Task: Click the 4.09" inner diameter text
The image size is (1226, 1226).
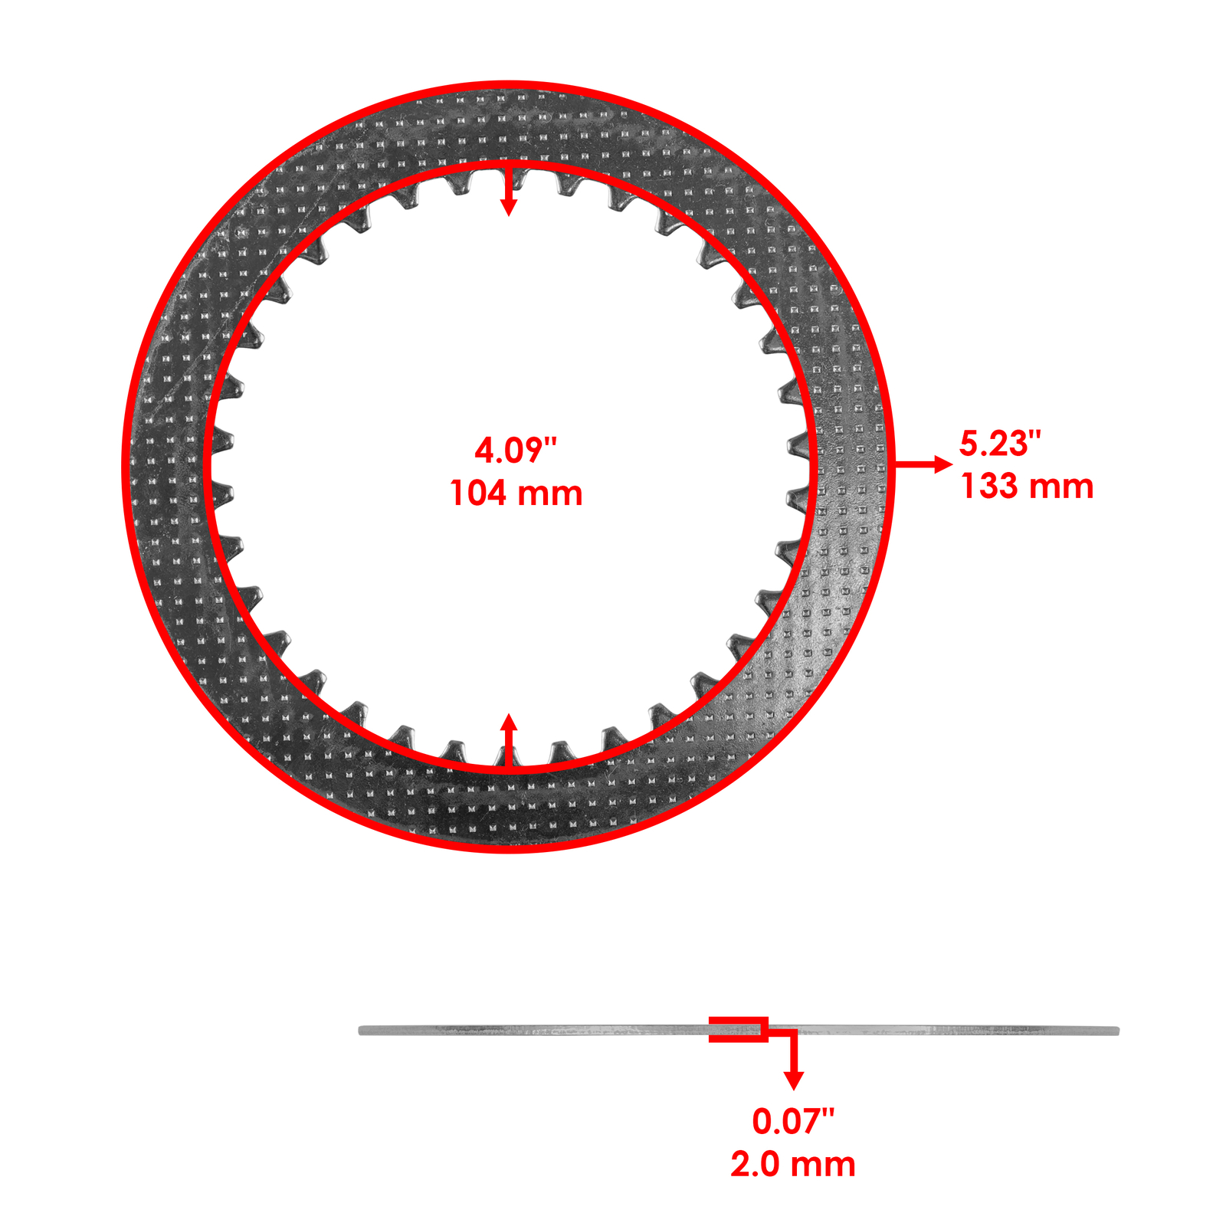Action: [x=515, y=450]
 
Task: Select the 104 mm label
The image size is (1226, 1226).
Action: [x=516, y=493]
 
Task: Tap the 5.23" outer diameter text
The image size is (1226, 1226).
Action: [x=1000, y=444]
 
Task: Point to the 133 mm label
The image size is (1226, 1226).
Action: [x=1027, y=487]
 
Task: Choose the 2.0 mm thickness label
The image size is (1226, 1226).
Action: [x=792, y=1165]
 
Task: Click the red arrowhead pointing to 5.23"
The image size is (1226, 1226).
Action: [x=943, y=464]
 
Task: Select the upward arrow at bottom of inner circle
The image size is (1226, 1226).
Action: [x=508, y=724]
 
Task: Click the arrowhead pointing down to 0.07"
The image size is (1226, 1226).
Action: [x=794, y=1080]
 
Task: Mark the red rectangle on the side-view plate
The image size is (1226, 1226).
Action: [x=737, y=1029]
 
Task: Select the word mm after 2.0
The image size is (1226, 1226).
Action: [x=824, y=1165]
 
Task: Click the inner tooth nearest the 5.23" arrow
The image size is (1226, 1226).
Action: [x=797, y=444]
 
